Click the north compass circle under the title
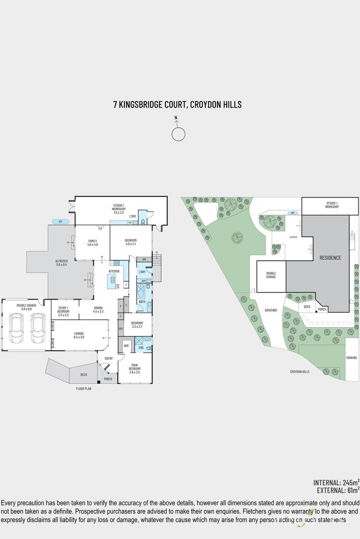tap(178, 134)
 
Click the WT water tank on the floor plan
tap(60, 221)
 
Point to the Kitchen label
tap(114, 272)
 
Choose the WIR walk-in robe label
tap(126, 346)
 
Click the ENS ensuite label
tap(141, 348)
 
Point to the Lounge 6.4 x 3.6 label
tap(79, 335)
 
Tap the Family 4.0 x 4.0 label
tap(93, 242)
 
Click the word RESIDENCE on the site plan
tap(330, 258)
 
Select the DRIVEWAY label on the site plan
tap(271, 310)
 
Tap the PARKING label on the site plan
tap(352, 358)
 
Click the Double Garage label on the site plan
tap(271, 275)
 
